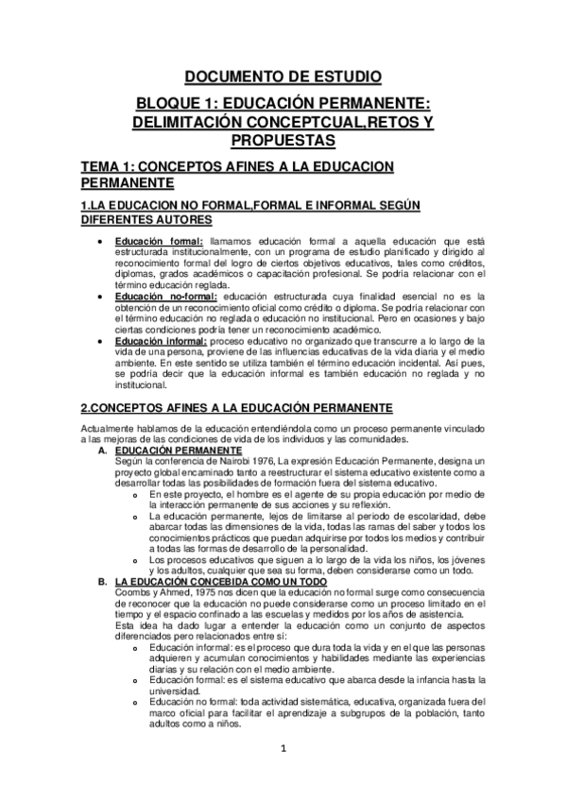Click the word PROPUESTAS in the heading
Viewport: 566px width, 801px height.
click(283, 140)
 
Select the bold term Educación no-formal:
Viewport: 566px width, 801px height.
click(165, 297)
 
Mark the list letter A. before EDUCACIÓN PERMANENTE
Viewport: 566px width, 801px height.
click(102, 450)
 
